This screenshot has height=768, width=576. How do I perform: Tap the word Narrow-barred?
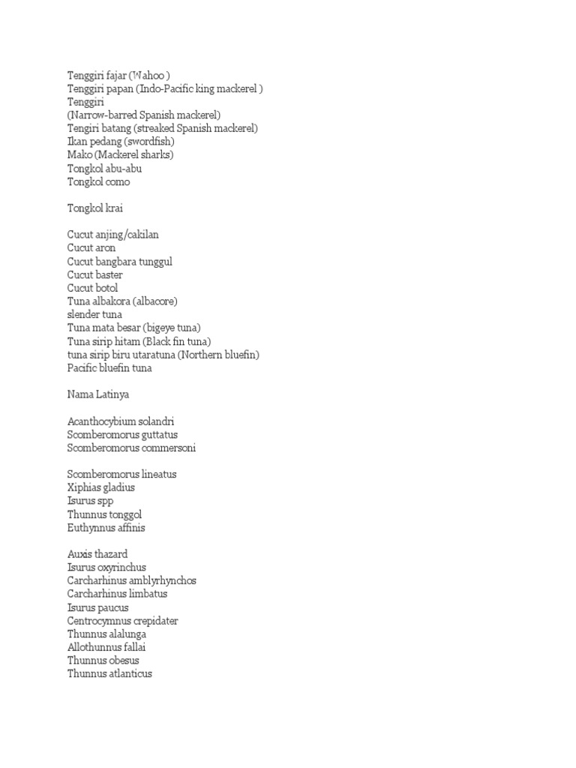click(x=104, y=115)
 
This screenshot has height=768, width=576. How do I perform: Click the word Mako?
click(x=80, y=155)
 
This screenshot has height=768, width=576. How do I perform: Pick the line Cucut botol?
click(x=92, y=288)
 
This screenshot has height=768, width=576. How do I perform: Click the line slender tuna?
click(x=94, y=314)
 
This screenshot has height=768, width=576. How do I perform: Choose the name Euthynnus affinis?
click(x=106, y=527)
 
